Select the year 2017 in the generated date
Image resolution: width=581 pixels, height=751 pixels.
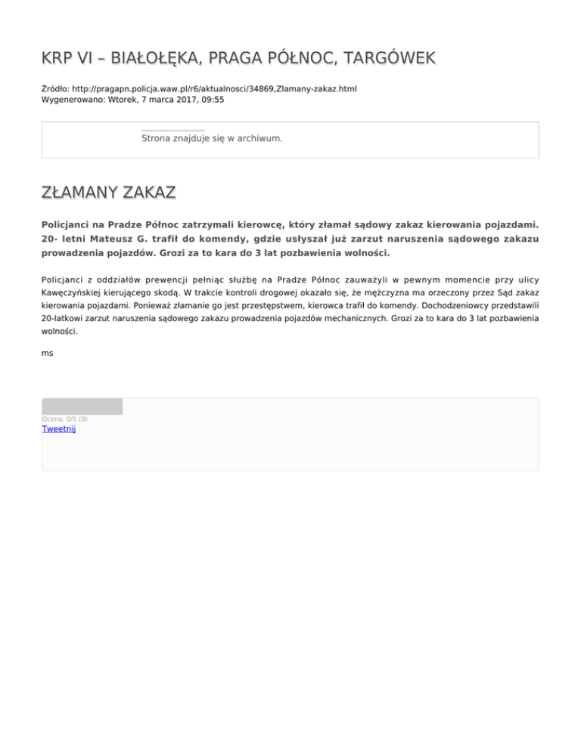tap(175, 99)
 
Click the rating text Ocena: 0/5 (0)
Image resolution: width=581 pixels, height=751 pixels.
tap(64, 419)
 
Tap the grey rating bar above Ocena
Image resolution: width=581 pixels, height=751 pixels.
tap(82, 406)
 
